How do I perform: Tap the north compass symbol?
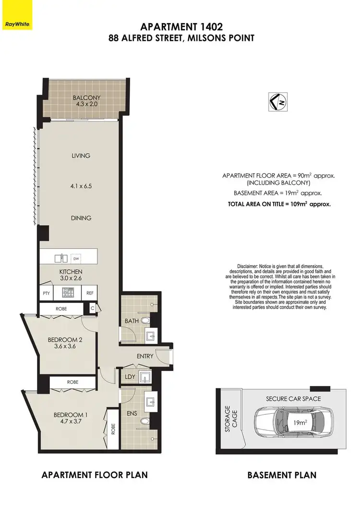pyautogui.click(x=276, y=102)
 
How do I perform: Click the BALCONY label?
pyautogui.click(x=86, y=98)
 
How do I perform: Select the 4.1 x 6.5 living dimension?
pyautogui.click(x=81, y=182)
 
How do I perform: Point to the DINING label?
pyautogui.click(x=81, y=218)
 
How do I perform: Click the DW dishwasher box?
pyautogui.click(x=75, y=258)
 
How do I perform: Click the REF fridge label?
pyautogui.click(x=90, y=292)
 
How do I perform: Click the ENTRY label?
pyautogui.click(x=144, y=356)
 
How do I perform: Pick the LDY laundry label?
pyautogui.click(x=130, y=377)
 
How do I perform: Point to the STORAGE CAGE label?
pyautogui.click(x=231, y=419)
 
